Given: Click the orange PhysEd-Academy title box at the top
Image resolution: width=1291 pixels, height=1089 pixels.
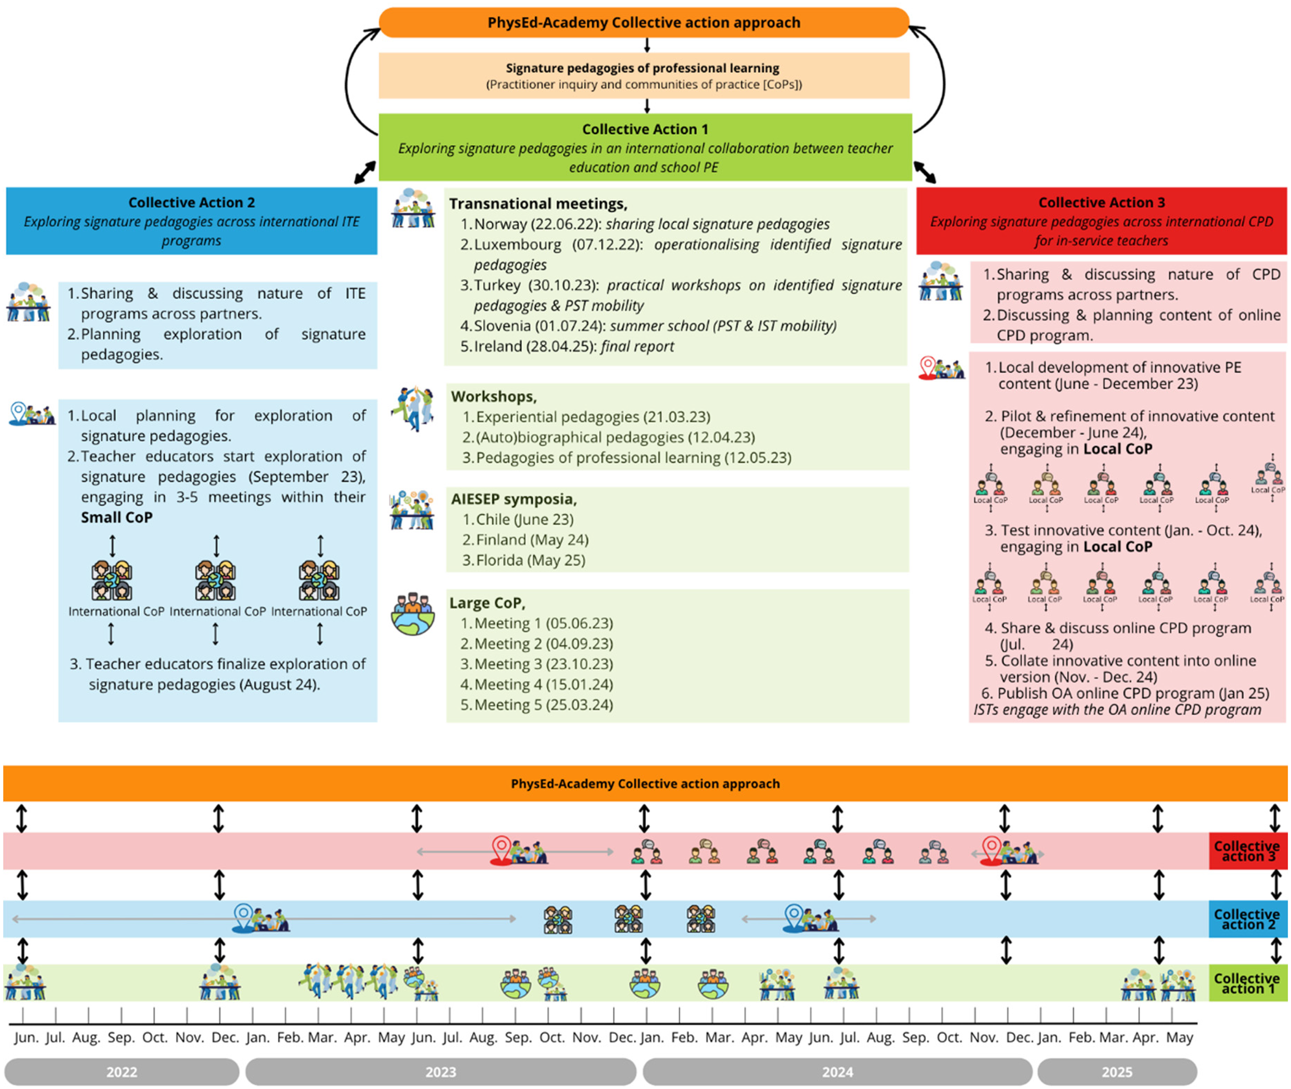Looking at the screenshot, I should pyautogui.click(x=643, y=23).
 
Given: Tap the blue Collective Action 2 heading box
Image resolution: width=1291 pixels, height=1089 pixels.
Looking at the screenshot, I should pyautogui.click(x=191, y=220).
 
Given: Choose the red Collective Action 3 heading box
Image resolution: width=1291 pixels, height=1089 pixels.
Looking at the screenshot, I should pyautogui.click(x=1101, y=220).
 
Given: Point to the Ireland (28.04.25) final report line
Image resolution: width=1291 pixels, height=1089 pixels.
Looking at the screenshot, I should pyautogui.click(x=574, y=346).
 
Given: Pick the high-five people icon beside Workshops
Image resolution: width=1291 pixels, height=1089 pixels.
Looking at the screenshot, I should pyautogui.click(x=412, y=408).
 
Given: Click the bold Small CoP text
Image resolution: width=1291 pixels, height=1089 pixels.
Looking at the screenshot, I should pyautogui.click(x=117, y=517).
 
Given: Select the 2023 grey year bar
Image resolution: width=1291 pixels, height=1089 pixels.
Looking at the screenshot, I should pyautogui.click(x=440, y=1072).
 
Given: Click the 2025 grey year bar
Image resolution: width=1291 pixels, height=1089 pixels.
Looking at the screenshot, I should pyautogui.click(x=1116, y=1072).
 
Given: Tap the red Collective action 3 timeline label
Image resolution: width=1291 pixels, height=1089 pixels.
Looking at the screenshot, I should pyautogui.click(x=1247, y=851).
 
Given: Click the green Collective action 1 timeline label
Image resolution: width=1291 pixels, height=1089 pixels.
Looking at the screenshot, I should pyautogui.click(x=1247, y=983).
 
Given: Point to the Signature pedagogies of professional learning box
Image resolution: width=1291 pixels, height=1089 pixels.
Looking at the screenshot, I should pyautogui.click(x=643, y=75).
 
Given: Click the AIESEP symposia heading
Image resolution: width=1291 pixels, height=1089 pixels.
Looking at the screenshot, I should pyautogui.click(x=513, y=499).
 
